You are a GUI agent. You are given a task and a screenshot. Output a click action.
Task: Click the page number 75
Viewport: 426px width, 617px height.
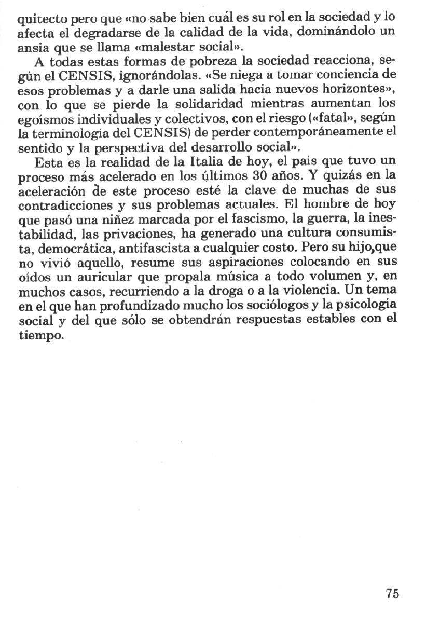coord(392,594)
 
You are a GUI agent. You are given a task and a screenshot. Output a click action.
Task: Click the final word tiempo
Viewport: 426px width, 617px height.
coord(40,336)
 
